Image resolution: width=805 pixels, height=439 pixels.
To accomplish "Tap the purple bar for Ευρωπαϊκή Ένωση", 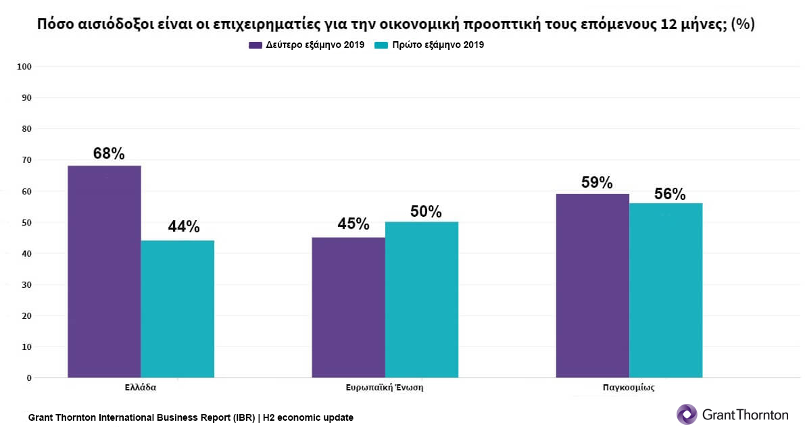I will pyautogui.click(x=348, y=307).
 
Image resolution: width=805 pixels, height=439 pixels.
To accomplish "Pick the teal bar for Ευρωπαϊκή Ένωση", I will pyautogui.click(x=422, y=299).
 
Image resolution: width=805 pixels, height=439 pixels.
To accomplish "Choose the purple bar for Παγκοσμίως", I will pyautogui.click(x=592, y=286).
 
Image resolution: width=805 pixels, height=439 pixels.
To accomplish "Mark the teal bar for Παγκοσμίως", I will pyautogui.click(x=666, y=290).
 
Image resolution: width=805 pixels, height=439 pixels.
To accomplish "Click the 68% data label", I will pyautogui.click(x=109, y=154).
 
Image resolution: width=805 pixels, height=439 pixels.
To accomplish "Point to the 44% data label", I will pyautogui.click(x=184, y=228).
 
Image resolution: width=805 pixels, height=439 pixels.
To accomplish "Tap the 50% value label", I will pyautogui.click(x=426, y=212).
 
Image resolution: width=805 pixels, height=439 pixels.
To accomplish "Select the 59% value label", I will pyautogui.click(x=597, y=183).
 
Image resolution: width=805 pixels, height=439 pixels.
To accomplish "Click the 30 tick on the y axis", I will pyautogui.click(x=27, y=285).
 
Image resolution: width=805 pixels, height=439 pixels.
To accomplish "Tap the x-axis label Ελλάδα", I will pyautogui.click(x=141, y=388).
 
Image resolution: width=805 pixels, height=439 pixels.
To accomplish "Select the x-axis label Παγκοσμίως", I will pyautogui.click(x=629, y=388).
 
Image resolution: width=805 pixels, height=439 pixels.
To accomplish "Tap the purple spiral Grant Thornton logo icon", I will pyautogui.click(x=687, y=414).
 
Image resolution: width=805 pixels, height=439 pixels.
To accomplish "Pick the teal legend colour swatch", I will pyautogui.click(x=380, y=45).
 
